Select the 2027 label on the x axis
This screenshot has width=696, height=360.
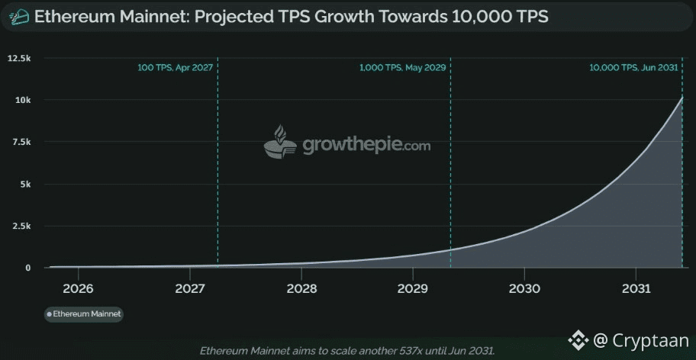coord(189,289)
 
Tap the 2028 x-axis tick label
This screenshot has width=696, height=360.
coord(301,289)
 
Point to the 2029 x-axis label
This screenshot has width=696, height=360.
coord(413,289)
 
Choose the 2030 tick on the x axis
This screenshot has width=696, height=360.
coord(524,289)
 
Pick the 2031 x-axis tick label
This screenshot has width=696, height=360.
coord(636,289)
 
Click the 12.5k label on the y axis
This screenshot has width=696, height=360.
coord(19,58)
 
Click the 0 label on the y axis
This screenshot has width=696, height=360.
coord(27,268)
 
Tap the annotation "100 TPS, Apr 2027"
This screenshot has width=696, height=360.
coord(175,68)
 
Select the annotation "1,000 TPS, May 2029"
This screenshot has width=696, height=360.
coord(402,68)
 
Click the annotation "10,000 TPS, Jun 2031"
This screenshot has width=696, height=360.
coord(633,68)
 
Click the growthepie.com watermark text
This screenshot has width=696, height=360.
coord(366,145)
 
